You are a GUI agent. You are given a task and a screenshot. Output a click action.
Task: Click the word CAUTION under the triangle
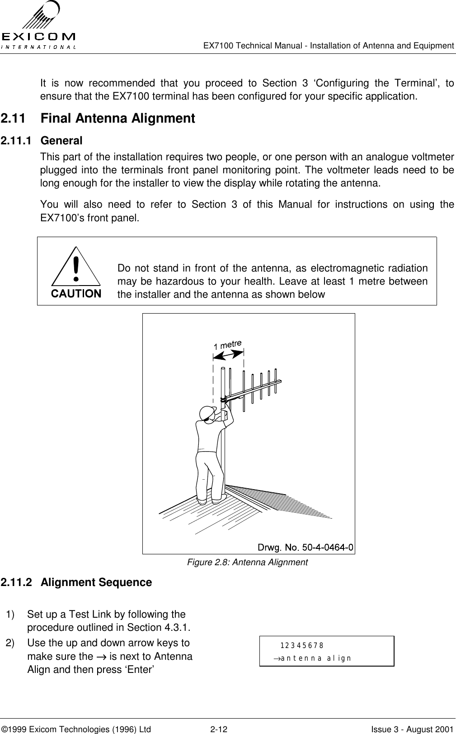tap(76, 294)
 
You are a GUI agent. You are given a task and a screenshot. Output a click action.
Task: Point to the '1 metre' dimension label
tap(228, 344)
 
